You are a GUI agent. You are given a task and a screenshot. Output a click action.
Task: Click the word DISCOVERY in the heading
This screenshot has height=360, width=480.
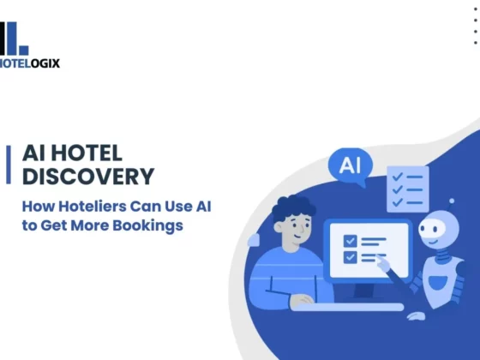tap(88, 177)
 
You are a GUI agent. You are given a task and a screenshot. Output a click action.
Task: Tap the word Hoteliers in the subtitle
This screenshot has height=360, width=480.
tap(93, 207)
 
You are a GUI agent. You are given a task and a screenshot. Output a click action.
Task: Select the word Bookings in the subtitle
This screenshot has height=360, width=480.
tap(147, 226)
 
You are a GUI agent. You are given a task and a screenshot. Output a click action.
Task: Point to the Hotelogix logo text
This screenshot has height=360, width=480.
tap(29, 63)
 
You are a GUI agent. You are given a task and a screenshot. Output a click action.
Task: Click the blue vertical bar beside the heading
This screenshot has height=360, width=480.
tap(9, 165)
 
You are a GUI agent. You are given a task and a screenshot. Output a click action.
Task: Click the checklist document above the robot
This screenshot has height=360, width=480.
tap(408, 189)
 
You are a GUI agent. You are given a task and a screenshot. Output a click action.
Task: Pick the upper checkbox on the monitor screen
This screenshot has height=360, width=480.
tap(351, 241)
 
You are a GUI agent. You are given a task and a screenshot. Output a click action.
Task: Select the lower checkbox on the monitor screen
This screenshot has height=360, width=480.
tap(351, 257)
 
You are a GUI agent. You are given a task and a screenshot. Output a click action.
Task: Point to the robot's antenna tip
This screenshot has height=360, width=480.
tap(452, 201)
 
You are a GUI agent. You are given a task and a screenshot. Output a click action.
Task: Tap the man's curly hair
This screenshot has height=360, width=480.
tap(293, 207)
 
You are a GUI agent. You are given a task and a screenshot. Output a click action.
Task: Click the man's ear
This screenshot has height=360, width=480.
tap(279, 227)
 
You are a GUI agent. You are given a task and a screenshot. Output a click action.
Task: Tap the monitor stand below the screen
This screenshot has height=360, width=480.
tap(363, 291)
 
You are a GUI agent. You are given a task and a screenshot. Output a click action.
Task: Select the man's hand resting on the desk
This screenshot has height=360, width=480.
tap(302, 300)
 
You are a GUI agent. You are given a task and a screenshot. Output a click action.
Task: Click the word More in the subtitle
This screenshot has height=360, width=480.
tap(90, 225)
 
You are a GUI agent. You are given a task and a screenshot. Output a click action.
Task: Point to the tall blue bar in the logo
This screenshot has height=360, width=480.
tap(12, 39)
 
